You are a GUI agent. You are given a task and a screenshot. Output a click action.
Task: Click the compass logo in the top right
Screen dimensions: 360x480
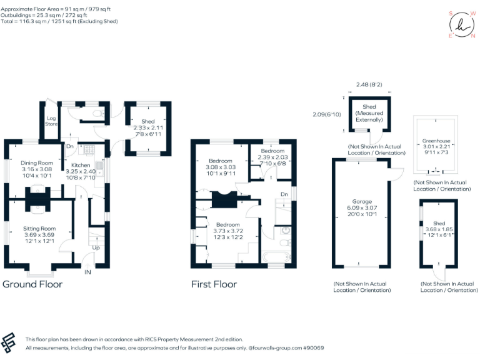pyautogui.click(x=461, y=25)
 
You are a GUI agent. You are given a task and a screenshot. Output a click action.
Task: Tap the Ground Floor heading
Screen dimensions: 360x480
pyautogui.click(x=32, y=284)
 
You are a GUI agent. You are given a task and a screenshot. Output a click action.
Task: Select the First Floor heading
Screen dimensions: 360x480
pyautogui.click(x=214, y=284)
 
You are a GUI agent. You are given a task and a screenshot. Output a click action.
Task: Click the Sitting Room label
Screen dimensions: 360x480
pyautogui.click(x=39, y=229)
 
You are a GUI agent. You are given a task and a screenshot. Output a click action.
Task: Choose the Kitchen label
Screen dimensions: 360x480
pyautogui.click(x=81, y=165)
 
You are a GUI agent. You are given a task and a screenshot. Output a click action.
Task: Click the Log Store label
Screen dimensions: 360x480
pyautogui.click(x=51, y=121)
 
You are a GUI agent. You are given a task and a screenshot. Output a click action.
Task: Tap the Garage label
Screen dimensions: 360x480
pyautogui.click(x=362, y=202)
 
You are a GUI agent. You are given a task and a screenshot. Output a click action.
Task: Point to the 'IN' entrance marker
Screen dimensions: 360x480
pyautogui.click(x=88, y=272)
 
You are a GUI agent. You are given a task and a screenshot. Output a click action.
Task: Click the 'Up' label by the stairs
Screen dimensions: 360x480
pyautogui.click(x=96, y=247)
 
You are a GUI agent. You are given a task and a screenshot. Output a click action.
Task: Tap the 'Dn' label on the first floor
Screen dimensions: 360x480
pyautogui.click(x=284, y=194)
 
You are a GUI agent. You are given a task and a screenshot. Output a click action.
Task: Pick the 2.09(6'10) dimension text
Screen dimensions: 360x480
pyautogui.click(x=326, y=114)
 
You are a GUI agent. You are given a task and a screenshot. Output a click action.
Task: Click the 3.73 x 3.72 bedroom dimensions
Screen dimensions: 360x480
pyautogui.click(x=227, y=231)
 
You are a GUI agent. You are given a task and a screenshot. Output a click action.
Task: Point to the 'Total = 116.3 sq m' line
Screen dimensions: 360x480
pyautogui.click(x=59, y=21)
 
